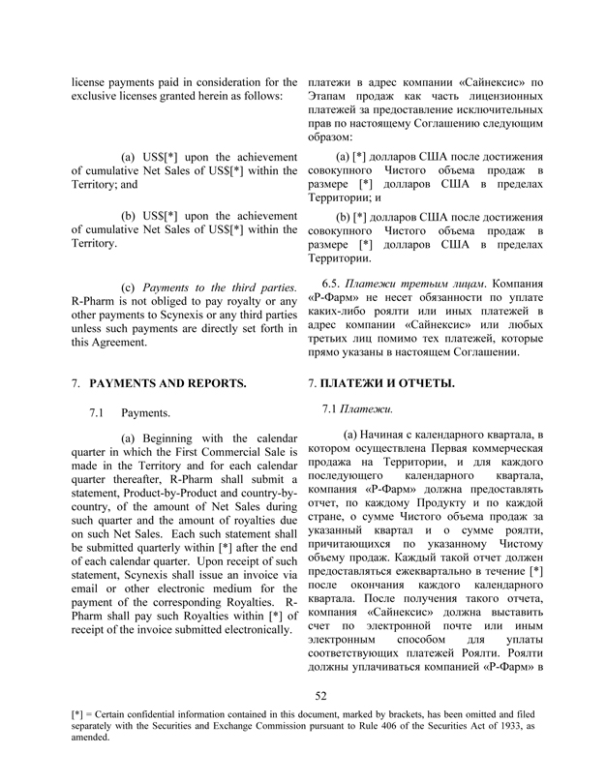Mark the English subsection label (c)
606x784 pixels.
[128, 288]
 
